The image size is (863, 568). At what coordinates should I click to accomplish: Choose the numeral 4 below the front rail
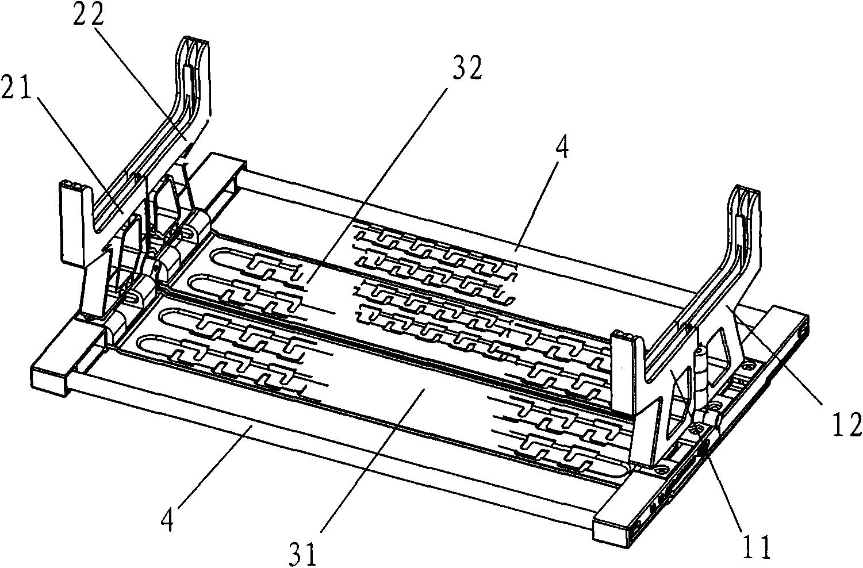[x=168, y=520]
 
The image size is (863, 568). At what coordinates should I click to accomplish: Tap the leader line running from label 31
[x=373, y=462]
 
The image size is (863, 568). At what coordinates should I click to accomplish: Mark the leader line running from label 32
[x=377, y=185]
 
